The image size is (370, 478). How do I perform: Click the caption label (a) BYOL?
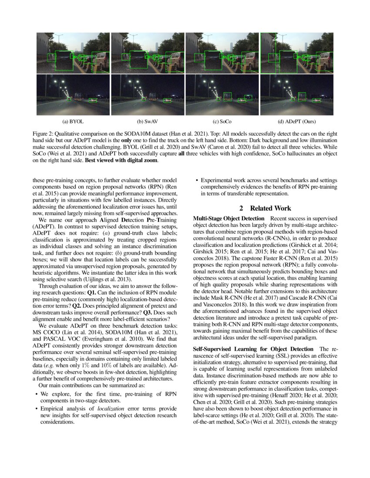pos(73,121)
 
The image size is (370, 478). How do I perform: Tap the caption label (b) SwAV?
pos(148,121)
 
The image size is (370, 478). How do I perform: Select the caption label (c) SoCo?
pos(222,121)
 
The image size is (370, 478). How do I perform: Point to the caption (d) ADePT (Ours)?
pos(296,121)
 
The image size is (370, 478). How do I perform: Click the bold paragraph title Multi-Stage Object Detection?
pos(228,218)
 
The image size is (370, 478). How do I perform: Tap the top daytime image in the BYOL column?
pos(73,53)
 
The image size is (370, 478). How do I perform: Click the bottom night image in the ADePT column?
pos(297,95)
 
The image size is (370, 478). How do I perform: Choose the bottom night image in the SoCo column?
pos(222,95)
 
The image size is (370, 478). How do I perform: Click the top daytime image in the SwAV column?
pos(148,53)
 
